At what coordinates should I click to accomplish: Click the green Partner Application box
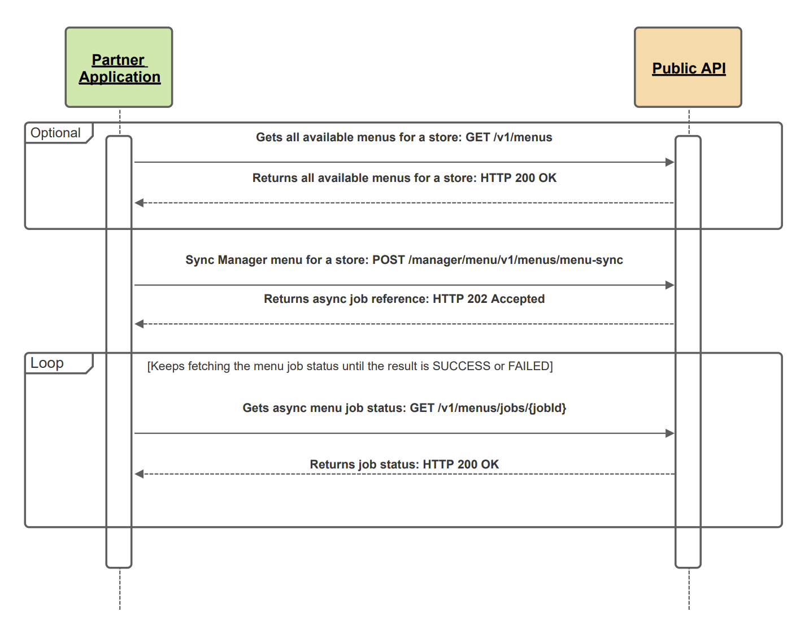coord(119,67)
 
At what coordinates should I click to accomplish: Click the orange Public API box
coord(688,67)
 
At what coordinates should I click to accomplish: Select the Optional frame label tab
coord(56,133)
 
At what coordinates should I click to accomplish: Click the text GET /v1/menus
coord(508,137)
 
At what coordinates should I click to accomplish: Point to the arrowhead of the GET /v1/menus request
coord(670,162)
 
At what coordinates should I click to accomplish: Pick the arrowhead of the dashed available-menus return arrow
coord(139,203)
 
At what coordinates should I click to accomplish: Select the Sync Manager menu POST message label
coord(404,260)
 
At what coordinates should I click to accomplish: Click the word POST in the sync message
coord(388,260)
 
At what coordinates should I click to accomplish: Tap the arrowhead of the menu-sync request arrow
coord(670,285)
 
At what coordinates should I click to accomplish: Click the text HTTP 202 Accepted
coord(489,299)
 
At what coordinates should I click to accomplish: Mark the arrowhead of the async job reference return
coord(139,324)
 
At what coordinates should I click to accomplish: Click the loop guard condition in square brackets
coord(350,366)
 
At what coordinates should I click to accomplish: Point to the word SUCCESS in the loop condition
coord(461,366)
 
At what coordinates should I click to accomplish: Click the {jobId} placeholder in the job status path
coord(546,408)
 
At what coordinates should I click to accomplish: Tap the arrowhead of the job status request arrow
coord(670,433)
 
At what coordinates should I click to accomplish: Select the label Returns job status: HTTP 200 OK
coord(404,465)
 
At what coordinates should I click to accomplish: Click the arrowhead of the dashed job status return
coord(139,474)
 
